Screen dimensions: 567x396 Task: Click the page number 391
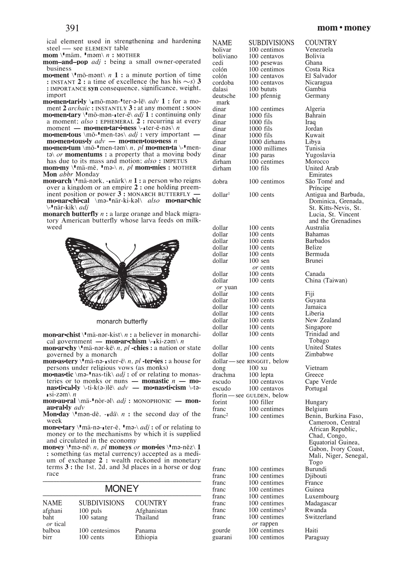pos(72,28)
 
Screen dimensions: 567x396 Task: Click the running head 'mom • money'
pos(344,28)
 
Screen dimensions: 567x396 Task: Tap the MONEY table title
pos(122,488)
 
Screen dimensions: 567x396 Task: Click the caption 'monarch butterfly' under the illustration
pos(122,321)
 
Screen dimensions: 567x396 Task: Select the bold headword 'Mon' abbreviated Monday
pos(50,174)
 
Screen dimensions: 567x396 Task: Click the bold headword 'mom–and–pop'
pos(65,62)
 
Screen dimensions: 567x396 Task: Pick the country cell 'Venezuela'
pos(319,50)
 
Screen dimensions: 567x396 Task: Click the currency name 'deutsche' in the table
pos(224,96)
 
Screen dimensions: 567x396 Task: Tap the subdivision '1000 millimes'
pos(268,149)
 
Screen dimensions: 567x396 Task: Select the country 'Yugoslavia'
pos(320,155)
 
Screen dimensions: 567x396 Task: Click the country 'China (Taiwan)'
pos(326,280)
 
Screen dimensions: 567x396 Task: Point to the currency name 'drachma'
pos(224,375)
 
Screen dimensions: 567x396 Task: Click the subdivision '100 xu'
pos(258,368)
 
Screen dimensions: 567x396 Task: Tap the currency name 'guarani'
pos(222,537)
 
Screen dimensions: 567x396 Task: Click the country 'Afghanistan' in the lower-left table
pos(151,511)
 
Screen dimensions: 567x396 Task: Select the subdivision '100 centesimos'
pos(99,531)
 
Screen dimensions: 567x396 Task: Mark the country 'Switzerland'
pos(320,517)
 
